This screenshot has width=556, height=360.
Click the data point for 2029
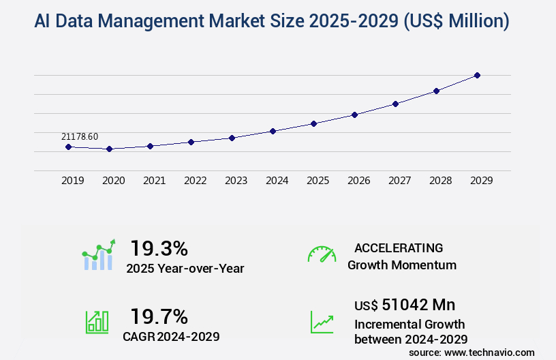477,75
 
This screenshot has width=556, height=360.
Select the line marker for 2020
109,149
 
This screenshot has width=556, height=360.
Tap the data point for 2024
273,131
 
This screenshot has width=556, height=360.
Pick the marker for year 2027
395,104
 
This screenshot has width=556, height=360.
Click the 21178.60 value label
80,136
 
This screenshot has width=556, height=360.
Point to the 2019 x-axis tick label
72,181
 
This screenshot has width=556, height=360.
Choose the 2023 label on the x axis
236,181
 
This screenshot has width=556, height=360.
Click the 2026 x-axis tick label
358,181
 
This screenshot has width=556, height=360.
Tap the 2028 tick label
440,181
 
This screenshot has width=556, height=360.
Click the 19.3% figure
159,247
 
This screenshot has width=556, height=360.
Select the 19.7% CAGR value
159,316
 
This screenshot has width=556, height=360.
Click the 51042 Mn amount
405,305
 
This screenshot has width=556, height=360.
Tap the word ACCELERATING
399,248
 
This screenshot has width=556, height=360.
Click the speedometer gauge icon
322,254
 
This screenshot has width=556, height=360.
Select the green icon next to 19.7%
97,322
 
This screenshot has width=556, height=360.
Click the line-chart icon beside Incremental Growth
322,322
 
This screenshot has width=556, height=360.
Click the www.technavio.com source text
491,352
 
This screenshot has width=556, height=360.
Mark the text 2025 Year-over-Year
185,269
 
